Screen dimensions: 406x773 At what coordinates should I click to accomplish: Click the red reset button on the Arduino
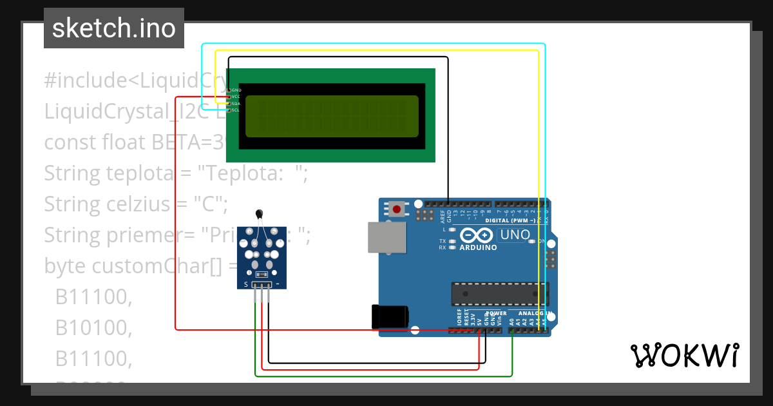tap(396, 209)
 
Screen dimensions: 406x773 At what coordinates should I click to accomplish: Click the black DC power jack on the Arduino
tap(390, 316)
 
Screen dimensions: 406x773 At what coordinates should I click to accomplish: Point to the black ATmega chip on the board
tap(499, 293)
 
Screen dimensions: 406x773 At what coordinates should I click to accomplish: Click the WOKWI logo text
tap(684, 355)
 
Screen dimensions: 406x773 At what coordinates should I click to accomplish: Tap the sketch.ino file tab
tap(113, 28)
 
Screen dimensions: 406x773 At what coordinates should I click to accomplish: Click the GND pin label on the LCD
tap(236, 90)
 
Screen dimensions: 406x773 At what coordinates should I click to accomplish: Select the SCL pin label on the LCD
tap(236, 110)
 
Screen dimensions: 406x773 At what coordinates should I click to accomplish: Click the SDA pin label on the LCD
tap(236, 103)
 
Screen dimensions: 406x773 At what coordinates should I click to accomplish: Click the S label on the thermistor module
tap(245, 284)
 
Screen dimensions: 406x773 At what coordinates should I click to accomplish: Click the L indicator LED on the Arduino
tap(453, 229)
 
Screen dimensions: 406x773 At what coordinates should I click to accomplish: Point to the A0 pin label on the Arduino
tap(511, 320)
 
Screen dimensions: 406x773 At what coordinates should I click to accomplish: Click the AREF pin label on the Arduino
tap(443, 215)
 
